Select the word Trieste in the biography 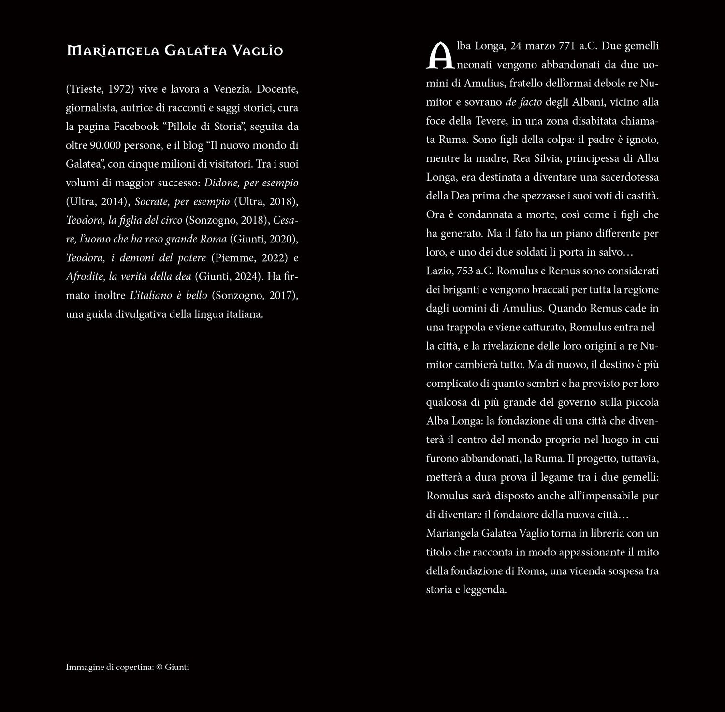tap(85, 89)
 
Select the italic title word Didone tap(220, 183)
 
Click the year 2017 tap(280, 295)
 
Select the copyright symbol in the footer tap(159, 667)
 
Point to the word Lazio tap(438, 271)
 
